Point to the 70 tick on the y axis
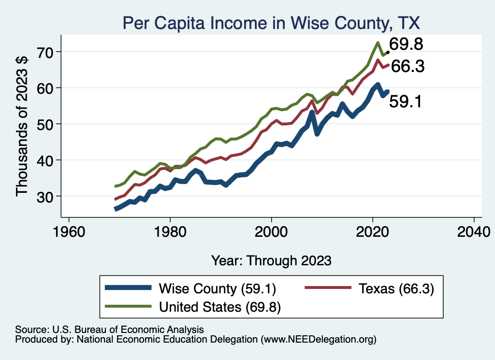[47, 52]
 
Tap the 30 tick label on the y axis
[47, 196]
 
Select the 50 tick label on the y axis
[47, 124]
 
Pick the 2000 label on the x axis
[272, 231]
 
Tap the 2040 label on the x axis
[474, 231]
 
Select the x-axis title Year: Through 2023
[271, 260]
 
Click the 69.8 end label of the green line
[407, 44]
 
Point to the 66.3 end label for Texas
[408, 67]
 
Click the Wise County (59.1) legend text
[217, 289]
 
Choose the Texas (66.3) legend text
[396, 289]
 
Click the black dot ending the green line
[388, 52]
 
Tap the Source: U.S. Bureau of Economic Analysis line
[109, 330]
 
